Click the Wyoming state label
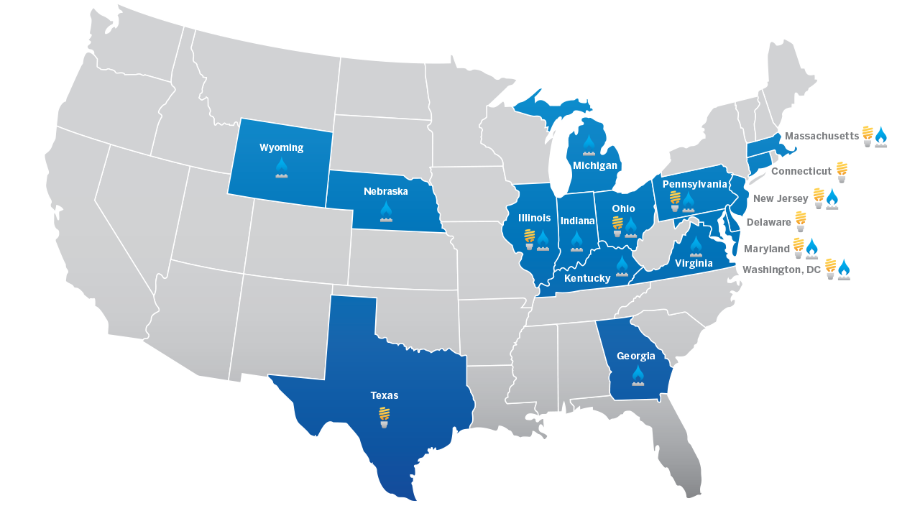281,148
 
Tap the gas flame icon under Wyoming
282,168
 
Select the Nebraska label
386,192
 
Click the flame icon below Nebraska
386,211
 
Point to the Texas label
385,396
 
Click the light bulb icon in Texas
385,417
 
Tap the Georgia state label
636,356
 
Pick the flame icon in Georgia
638,375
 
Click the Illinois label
535,218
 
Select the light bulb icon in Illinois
530,239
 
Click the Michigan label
595,166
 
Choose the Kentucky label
587,278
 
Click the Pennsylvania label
694,184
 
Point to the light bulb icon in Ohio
617,226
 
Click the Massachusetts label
822,136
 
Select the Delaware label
768,223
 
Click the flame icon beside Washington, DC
844,270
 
